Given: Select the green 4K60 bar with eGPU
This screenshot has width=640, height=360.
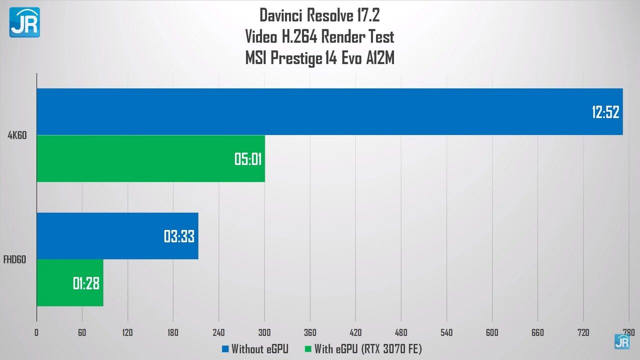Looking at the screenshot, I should point(150,158).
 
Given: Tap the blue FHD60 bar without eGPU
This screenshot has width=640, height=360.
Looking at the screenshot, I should point(117,235).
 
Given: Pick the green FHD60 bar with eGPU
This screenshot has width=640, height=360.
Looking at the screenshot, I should point(69,282).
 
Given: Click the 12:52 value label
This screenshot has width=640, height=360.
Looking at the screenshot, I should point(605,112).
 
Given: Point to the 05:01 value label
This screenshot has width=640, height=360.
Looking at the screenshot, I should point(248,159).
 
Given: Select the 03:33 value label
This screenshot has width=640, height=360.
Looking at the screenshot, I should point(179,236).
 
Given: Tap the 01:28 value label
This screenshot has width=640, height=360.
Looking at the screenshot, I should point(86,283).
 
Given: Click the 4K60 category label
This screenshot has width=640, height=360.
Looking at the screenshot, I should point(17,135).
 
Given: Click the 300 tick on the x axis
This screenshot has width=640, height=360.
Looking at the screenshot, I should point(264,332).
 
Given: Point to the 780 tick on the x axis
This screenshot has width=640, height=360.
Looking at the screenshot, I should point(628,332).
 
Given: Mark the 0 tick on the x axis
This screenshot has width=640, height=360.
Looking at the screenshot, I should point(36,332).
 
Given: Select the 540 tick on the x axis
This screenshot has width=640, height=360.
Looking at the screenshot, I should point(446,332).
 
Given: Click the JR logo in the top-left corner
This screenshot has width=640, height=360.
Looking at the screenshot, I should point(24,22).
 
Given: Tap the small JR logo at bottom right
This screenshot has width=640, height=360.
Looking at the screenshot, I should point(622,341).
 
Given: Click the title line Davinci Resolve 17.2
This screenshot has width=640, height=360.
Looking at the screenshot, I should point(319,15).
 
